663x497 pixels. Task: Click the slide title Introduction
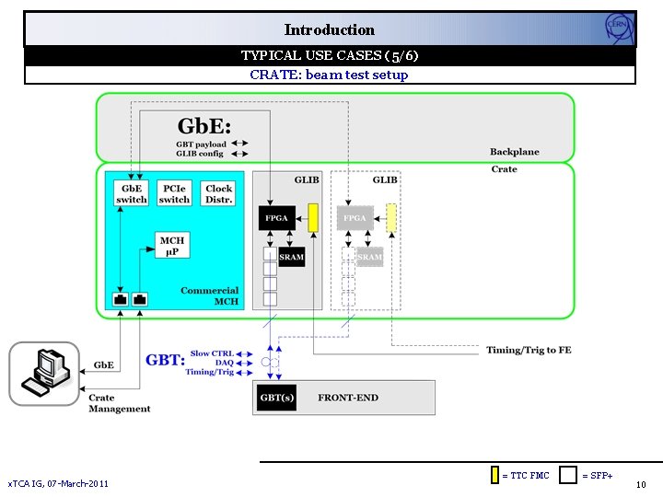coord(329,29)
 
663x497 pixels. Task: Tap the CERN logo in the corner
coord(619,29)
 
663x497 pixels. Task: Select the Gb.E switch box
coord(131,194)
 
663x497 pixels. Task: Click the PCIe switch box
coord(174,194)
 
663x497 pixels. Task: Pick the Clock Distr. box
coord(219,194)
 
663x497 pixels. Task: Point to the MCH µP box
coord(172,246)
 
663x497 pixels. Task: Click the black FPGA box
coord(277,219)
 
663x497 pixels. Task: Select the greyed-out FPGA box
coord(355,219)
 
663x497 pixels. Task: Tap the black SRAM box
coord(291,258)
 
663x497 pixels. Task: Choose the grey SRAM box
coord(369,258)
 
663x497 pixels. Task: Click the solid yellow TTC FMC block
coord(313,217)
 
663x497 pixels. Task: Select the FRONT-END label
coord(348,398)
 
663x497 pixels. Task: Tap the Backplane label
coord(515,152)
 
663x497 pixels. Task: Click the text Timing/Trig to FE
coord(529,350)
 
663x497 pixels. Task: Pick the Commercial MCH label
coord(210,296)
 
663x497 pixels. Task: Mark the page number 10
coord(641,484)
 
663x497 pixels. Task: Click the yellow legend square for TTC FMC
coord(494,475)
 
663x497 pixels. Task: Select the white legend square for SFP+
coord(569,475)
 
